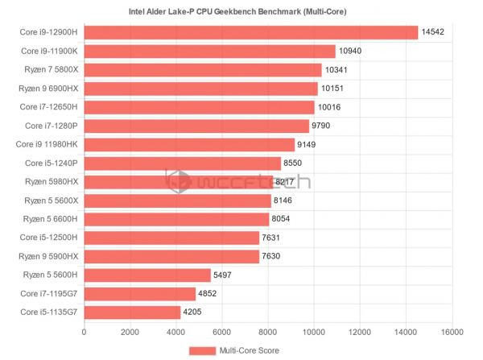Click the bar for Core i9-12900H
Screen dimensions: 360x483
[251, 32]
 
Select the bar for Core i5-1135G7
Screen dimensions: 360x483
[132, 312]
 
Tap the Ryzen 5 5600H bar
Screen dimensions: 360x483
[147, 275]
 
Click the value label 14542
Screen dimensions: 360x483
[434, 32]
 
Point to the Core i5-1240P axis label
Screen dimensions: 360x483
[51, 163]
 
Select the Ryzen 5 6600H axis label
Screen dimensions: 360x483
[51, 219]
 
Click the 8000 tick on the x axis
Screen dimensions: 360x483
[268, 332]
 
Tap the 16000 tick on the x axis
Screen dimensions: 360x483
[452, 332]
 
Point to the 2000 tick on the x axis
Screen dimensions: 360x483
[130, 332]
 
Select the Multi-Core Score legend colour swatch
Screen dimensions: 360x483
[203, 350]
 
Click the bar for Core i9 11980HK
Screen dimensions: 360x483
[189, 144]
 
